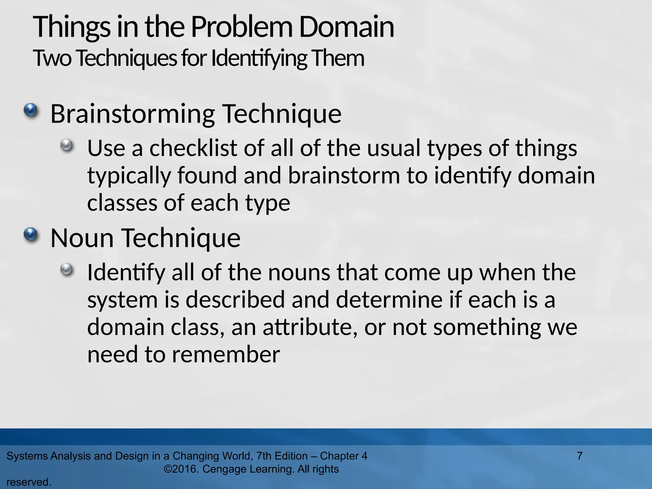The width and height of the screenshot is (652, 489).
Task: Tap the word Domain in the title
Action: point(346,27)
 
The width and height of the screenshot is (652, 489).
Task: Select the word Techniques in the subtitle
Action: point(126,59)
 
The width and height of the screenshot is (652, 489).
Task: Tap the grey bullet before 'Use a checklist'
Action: point(67,146)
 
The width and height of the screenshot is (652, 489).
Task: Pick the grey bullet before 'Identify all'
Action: point(67,270)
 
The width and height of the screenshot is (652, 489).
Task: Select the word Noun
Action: point(82,238)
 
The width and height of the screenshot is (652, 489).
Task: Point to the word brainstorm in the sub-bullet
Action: point(344,175)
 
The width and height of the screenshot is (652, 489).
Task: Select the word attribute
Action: point(309,327)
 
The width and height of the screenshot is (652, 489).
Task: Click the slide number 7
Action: point(580,456)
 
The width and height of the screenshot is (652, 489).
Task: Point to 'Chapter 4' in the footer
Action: point(344,456)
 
